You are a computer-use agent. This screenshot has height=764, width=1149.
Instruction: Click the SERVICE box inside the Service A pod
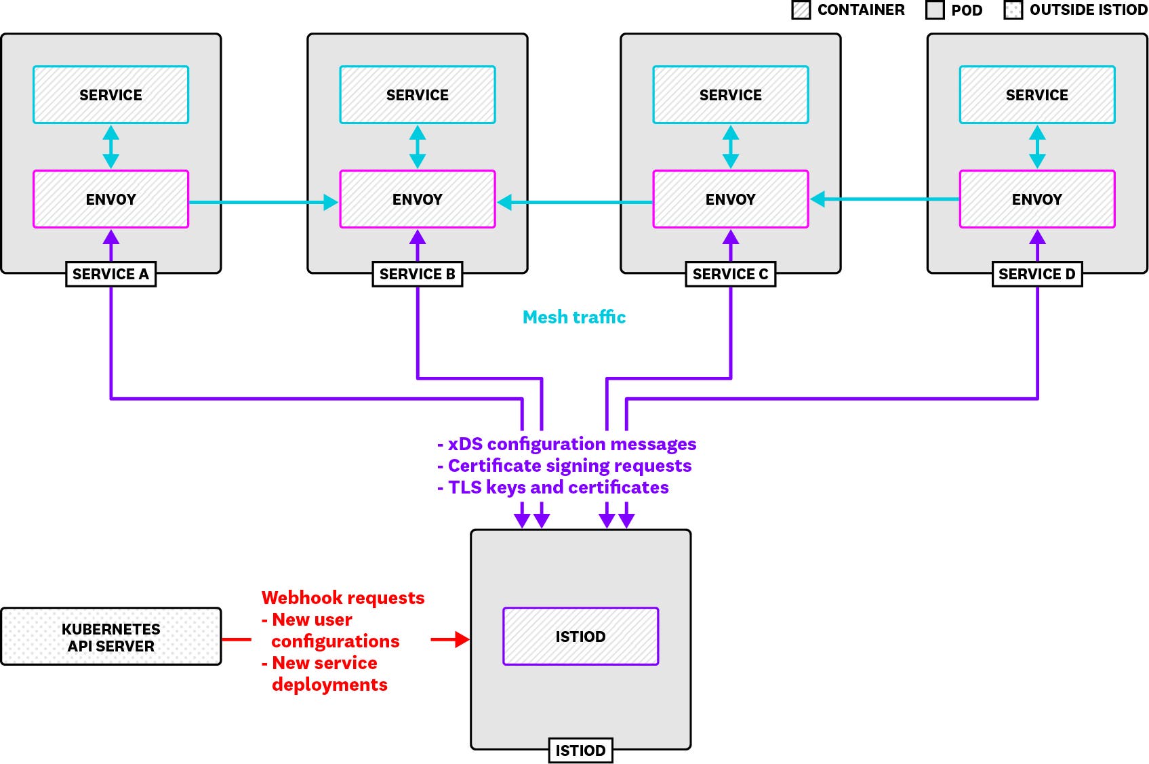coord(110,95)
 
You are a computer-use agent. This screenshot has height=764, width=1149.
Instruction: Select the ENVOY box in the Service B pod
coord(417,199)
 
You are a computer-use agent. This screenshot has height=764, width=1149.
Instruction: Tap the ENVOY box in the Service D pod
coord(1036,199)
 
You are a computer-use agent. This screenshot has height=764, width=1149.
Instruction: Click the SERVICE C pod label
coord(730,274)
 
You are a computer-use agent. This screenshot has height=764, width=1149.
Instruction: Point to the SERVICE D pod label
coord(1036,274)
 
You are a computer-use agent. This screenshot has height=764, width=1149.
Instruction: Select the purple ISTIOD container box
coord(580,637)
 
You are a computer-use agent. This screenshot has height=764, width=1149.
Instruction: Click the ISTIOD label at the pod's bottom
coord(580,750)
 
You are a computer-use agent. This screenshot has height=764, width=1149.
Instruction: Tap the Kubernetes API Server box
coord(110,637)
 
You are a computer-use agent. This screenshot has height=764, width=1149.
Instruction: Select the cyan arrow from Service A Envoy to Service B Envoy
coord(264,202)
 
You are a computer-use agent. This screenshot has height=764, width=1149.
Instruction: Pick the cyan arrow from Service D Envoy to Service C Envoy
coord(885,199)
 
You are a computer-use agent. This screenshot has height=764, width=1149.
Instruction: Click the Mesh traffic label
coord(574,317)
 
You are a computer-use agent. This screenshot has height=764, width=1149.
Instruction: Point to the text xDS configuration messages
coord(571,444)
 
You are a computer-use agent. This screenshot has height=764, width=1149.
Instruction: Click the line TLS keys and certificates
coord(558,487)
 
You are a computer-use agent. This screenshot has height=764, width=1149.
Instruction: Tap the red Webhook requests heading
coord(343,598)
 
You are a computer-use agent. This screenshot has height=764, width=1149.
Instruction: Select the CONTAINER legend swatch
coord(801,10)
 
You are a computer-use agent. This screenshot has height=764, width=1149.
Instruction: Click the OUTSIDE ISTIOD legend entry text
coord(1088,10)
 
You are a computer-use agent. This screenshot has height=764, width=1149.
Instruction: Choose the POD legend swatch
coord(935,10)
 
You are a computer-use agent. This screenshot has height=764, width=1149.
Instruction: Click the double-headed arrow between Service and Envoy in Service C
coord(730,146)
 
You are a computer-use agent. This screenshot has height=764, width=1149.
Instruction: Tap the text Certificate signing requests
coord(569,466)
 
